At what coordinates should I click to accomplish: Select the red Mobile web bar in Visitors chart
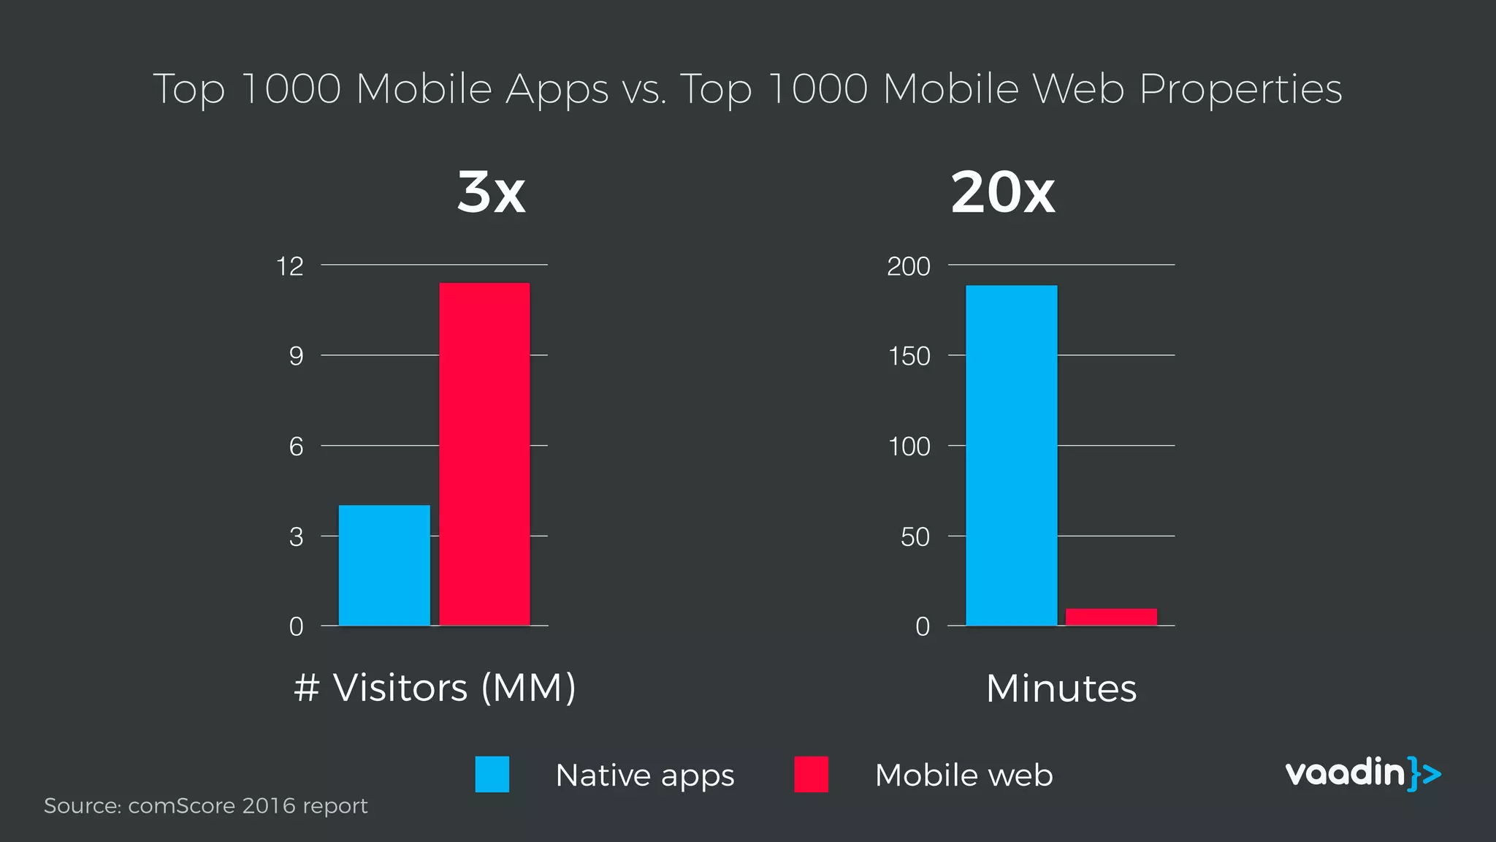point(484,453)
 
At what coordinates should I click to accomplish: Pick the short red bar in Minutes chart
point(1111,617)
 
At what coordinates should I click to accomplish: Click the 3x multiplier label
point(491,192)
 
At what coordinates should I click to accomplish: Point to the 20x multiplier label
point(1002,192)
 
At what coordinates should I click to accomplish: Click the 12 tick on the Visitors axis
point(290,266)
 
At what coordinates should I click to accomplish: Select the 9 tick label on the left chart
point(296,356)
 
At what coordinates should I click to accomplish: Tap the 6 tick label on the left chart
point(296,447)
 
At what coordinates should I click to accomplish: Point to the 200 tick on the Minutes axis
point(909,266)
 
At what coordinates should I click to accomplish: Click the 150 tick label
point(909,356)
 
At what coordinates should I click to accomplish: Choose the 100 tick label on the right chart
point(909,447)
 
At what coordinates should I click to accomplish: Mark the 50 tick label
point(915,537)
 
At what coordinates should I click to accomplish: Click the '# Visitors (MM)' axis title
point(435,688)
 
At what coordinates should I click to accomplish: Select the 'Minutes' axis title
point(1061,689)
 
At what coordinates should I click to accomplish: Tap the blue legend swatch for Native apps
point(492,775)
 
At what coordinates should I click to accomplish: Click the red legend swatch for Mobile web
point(811,775)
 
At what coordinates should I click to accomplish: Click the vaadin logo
point(1362,773)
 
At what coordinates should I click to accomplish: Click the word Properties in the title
point(1240,89)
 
